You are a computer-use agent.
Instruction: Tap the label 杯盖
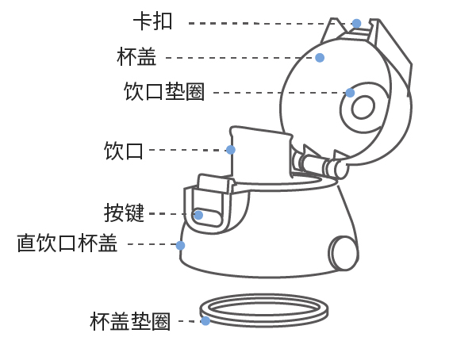[136, 57]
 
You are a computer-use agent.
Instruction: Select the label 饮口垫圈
[164, 91]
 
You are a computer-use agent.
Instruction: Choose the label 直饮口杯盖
[67, 243]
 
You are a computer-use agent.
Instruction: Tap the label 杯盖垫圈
[130, 321]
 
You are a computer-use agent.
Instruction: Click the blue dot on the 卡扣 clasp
[356, 24]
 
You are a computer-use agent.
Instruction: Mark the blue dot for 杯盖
[320, 58]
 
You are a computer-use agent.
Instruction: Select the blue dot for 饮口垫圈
[350, 93]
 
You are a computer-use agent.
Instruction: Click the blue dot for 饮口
[231, 150]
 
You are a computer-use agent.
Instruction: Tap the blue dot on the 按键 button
[198, 215]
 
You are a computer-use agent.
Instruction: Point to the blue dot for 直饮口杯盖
[180, 245]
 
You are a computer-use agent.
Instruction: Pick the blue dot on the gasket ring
[205, 321]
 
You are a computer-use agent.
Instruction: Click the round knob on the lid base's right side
[344, 253]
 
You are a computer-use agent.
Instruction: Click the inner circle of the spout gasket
[363, 106]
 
